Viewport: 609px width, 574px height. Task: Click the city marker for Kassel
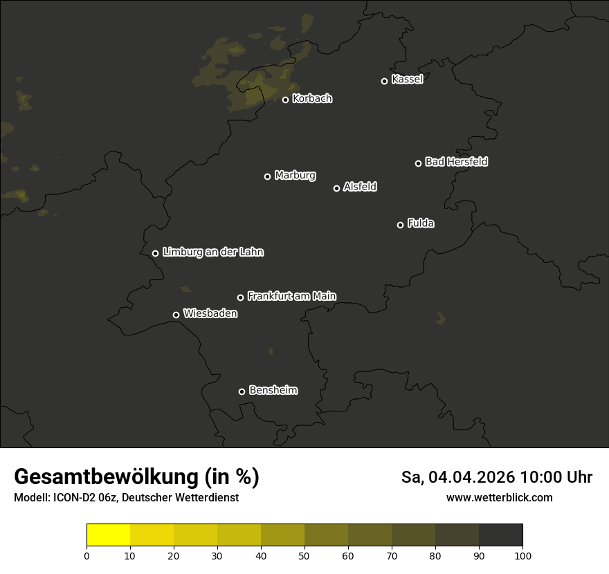(x=384, y=81)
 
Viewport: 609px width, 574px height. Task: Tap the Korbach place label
(x=312, y=99)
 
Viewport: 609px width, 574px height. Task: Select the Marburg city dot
(x=267, y=176)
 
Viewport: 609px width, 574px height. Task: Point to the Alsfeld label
(x=360, y=187)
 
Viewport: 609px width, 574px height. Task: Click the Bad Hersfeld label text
(x=456, y=162)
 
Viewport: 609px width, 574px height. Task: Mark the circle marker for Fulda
(x=400, y=225)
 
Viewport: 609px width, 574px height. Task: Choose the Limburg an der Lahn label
(x=212, y=252)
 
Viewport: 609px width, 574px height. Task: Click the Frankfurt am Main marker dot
(x=240, y=297)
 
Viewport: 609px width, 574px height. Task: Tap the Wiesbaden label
(x=210, y=314)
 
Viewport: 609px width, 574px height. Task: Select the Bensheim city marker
(x=242, y=391)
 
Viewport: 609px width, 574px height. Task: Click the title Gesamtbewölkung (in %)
(x=136, y=477)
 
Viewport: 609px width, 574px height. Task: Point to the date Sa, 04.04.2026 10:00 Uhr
(x=496, y=477)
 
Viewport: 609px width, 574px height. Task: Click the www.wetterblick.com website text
(x=499, y=497)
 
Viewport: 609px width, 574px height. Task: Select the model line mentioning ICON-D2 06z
(x=126, y=497)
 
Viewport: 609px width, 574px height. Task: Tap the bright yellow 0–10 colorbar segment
(x=108, y=535)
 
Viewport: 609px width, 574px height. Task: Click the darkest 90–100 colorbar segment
(x=500, y=535)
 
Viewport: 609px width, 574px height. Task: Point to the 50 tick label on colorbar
(x=304, y=555)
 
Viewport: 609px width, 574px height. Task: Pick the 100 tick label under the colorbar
(x=522, y=555)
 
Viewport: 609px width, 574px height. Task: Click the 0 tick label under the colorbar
(x=87, y=555)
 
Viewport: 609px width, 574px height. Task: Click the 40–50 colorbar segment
(x=282, y=535)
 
